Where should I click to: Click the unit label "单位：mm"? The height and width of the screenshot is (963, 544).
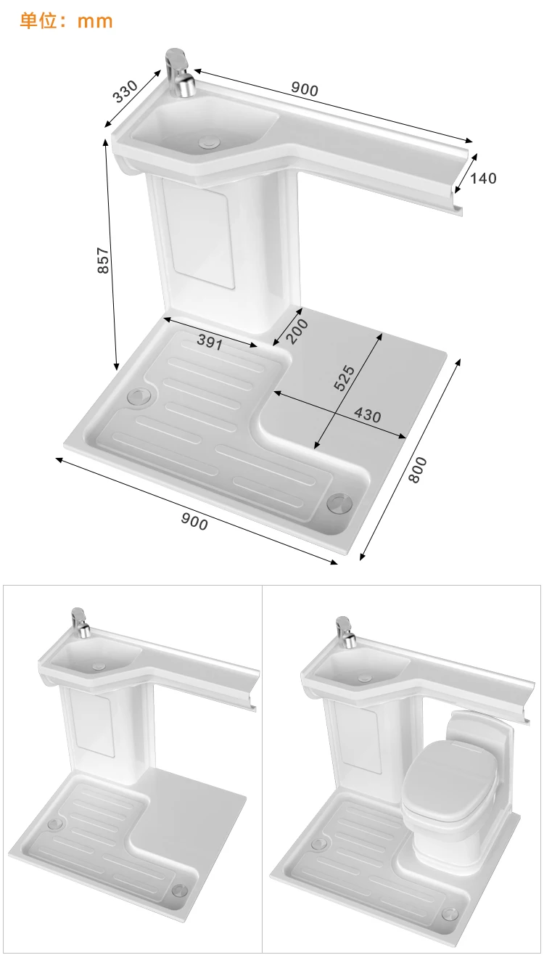coord(66,20)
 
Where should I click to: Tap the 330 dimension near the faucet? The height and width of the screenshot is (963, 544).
coord(125,91)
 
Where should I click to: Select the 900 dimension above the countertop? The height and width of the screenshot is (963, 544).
coord(305,89)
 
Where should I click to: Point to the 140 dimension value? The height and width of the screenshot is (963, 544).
coord(483,178)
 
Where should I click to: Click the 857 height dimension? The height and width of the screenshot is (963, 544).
coord(103,261)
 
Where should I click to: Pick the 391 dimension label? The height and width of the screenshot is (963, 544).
coord(210,343)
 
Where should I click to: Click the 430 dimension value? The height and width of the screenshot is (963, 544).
coord(367,415)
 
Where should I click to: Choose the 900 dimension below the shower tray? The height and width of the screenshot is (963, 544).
coord(194,520)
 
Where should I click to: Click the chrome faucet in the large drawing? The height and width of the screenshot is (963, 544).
coord(179,73)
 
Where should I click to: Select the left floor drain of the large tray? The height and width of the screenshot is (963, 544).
coord(138,396)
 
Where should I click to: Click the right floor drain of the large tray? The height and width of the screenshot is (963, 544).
coord(338,502)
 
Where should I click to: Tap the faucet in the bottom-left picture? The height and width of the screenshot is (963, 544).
coord(80,623)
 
